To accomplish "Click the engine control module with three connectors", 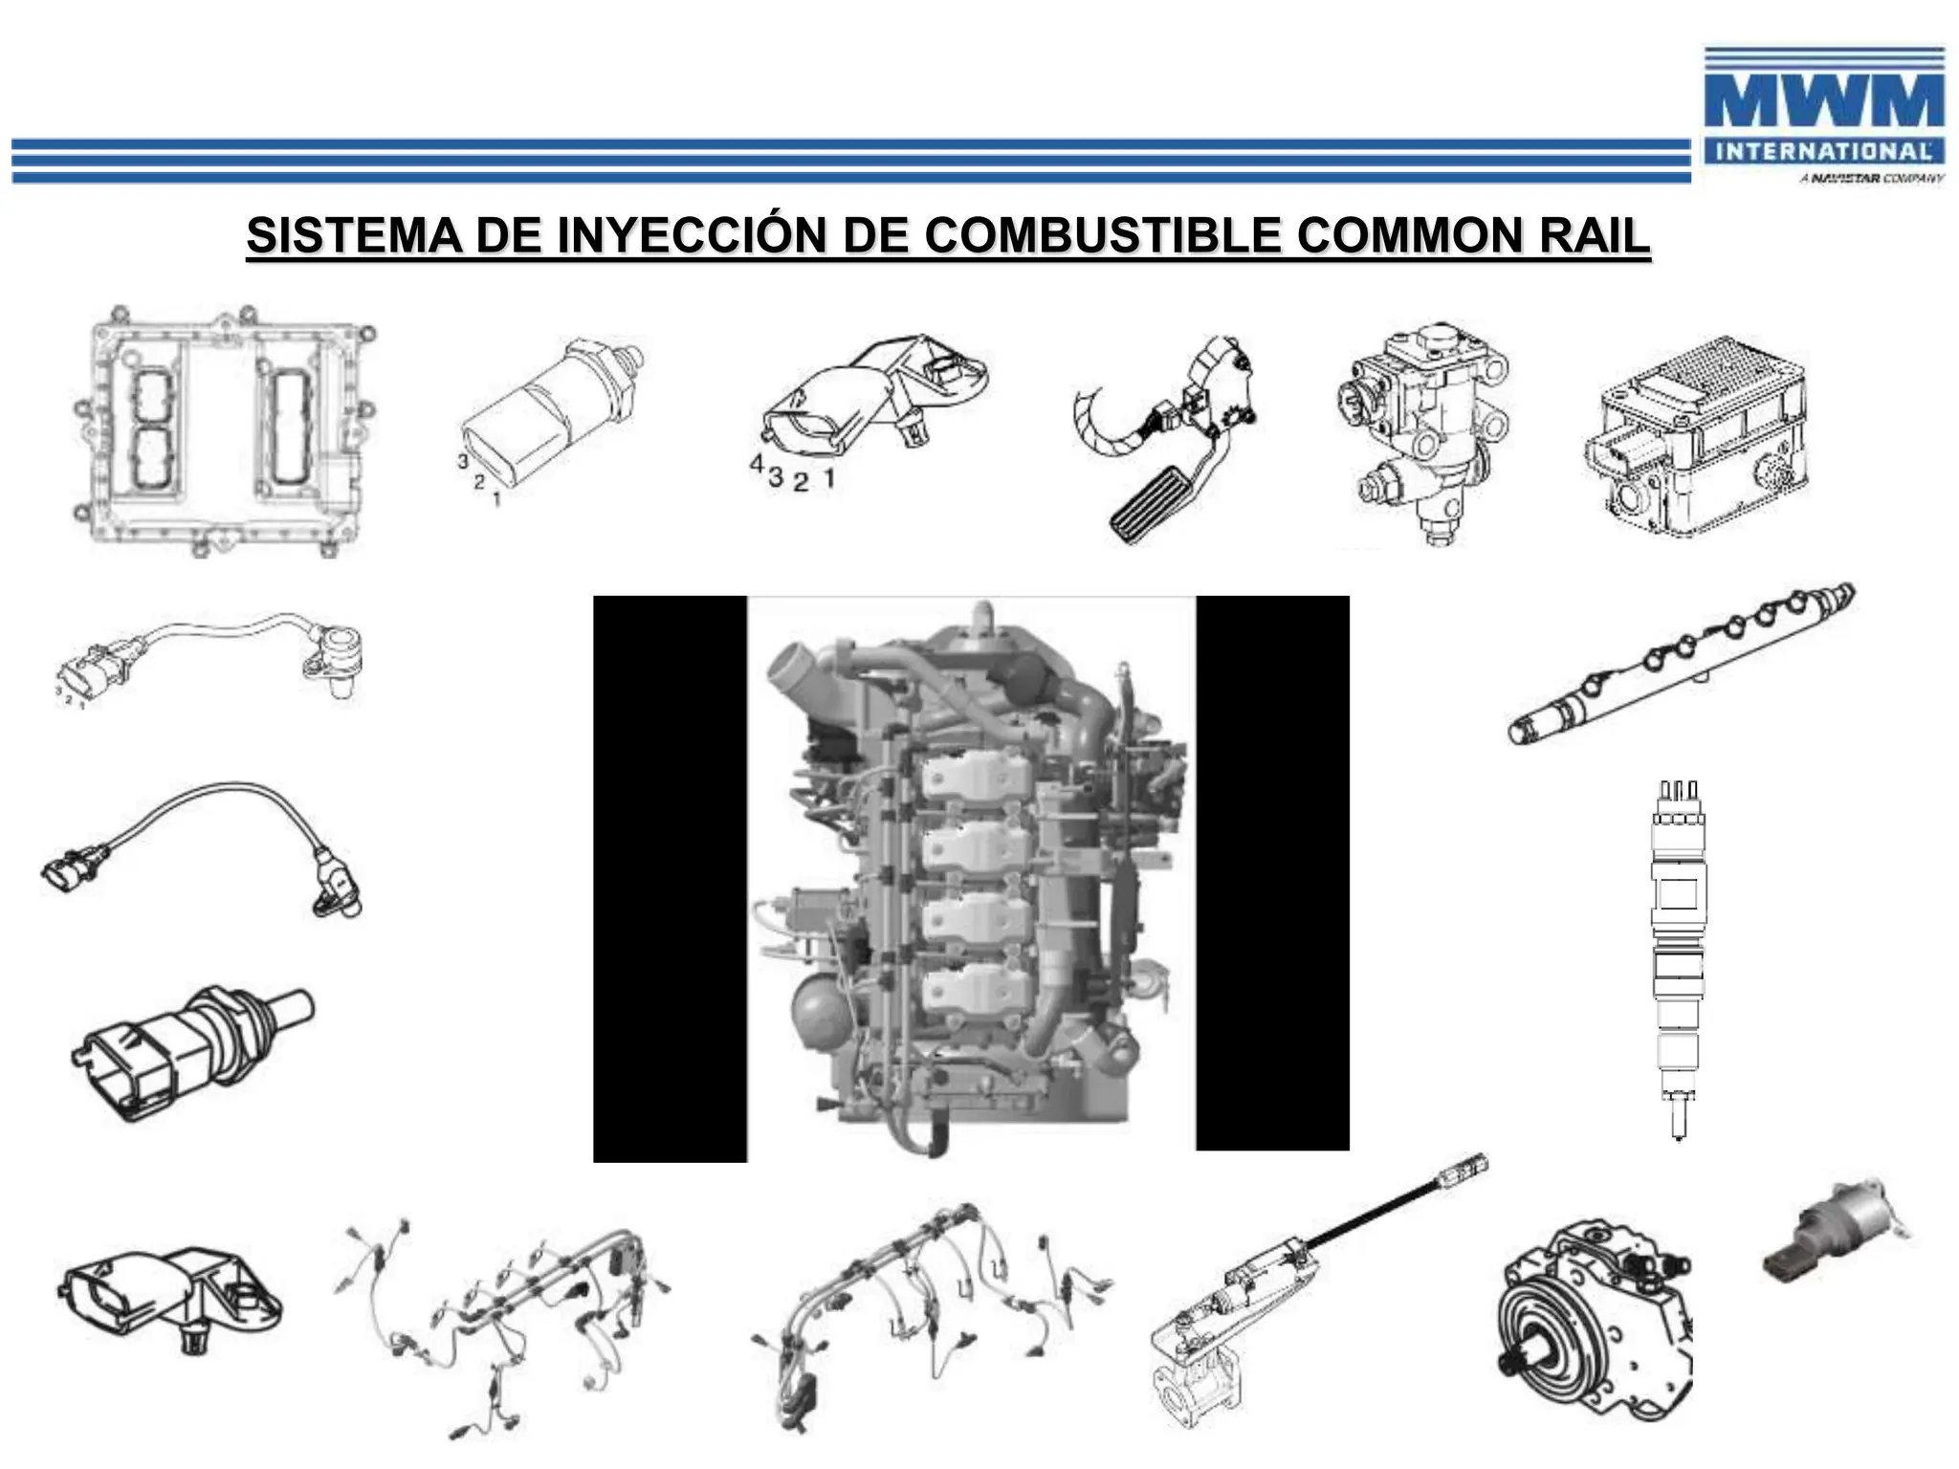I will click(x=225, y=430).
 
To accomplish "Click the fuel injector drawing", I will click(x=1678, y=956).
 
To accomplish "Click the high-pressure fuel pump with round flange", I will click(x=1593, y=1325).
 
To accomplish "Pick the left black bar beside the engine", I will click(x=670, y=878).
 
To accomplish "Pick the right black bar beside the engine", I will click(x=1272, y=872).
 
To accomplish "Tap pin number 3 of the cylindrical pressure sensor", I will click(x=463, y=461).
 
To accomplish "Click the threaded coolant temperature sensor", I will click(x=191, y=1052).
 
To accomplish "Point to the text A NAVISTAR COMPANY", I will click(x=1871, y=179).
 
